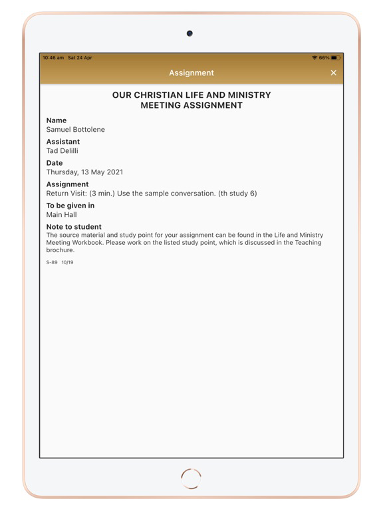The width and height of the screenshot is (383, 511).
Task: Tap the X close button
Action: tap(334, 73)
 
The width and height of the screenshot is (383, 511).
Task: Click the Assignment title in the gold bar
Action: tap(191, 73)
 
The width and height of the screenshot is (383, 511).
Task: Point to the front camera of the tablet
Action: tap(190, 33)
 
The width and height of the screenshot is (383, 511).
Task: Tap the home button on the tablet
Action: tap(191, 478)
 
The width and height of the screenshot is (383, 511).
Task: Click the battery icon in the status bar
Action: tap(335, 58)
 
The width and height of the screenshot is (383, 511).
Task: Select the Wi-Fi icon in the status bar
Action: tap(315, 58)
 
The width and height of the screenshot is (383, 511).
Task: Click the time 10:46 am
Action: tap(53, 58)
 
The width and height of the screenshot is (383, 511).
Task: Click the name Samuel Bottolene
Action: tap(75, 130)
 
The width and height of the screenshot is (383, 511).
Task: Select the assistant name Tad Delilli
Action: tap(63, 151)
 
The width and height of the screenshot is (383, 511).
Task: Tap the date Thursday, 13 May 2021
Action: tap(84, 172)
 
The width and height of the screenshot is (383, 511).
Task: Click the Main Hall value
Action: tap(61, 215)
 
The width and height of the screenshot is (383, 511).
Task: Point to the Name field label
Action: tap(57, 120)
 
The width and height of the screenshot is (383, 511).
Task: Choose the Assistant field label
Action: tap(63, 142)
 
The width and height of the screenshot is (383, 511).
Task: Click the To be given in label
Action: tap(70, 206)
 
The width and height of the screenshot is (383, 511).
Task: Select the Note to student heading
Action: tap(74, 227)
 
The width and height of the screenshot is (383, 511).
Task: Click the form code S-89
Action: tap(52, 263)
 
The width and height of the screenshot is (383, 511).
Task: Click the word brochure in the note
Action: tap(60, 250)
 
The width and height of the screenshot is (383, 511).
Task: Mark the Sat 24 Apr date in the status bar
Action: tap(80, 58)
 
